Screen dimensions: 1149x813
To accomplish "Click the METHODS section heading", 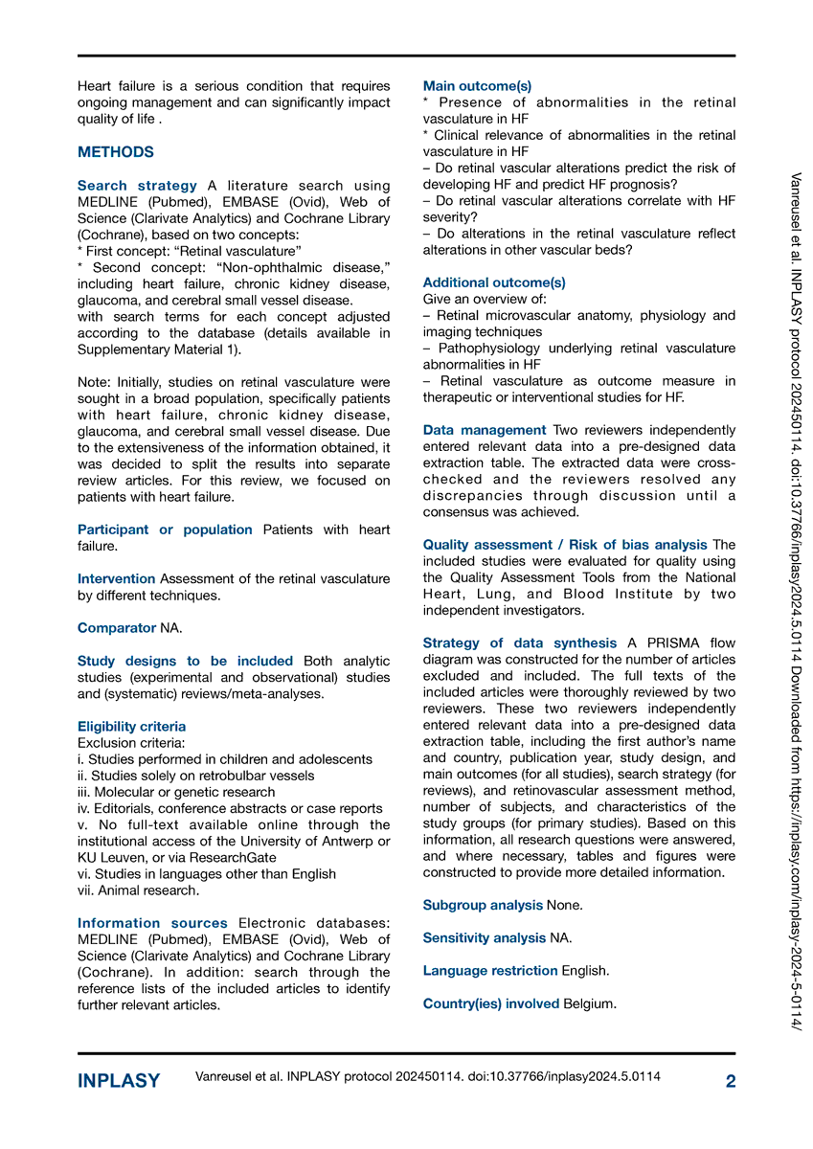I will click(x=115, y=152).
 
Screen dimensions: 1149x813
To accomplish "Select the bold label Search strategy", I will click(x=137, y=186).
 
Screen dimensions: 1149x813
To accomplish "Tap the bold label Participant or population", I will click(x=165, y=529).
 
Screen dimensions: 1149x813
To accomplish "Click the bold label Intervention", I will click(x=116, y=578).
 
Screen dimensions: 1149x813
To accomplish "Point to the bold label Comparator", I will click(x=117, y=628).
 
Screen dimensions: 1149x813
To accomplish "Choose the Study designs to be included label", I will click(x=185, y=661).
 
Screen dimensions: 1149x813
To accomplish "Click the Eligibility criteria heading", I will click(x=131, y=727).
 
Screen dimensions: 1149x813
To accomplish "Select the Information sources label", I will click(x=152, y=923).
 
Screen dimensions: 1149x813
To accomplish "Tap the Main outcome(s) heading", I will click(x=477, y=86).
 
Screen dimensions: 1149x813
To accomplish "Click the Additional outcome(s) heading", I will click(x=494, y=282).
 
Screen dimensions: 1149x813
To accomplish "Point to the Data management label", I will click(x=484, y=430).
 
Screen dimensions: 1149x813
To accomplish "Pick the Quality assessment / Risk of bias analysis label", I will click(x=565, y=545).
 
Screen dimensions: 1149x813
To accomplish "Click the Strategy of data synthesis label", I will click(x=520, y=643).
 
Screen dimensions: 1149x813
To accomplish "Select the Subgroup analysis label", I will click(x=483, y=905).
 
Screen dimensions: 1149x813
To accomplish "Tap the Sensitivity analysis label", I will click(x=484, y=937).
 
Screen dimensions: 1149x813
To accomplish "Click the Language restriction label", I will click(x=490, y=971).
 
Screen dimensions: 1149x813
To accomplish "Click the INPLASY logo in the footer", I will click(x=119, y=1081).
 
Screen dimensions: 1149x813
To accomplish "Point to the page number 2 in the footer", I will click(x=731, y=1081).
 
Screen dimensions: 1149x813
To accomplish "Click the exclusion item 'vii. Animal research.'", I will click(x=139, y=890).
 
